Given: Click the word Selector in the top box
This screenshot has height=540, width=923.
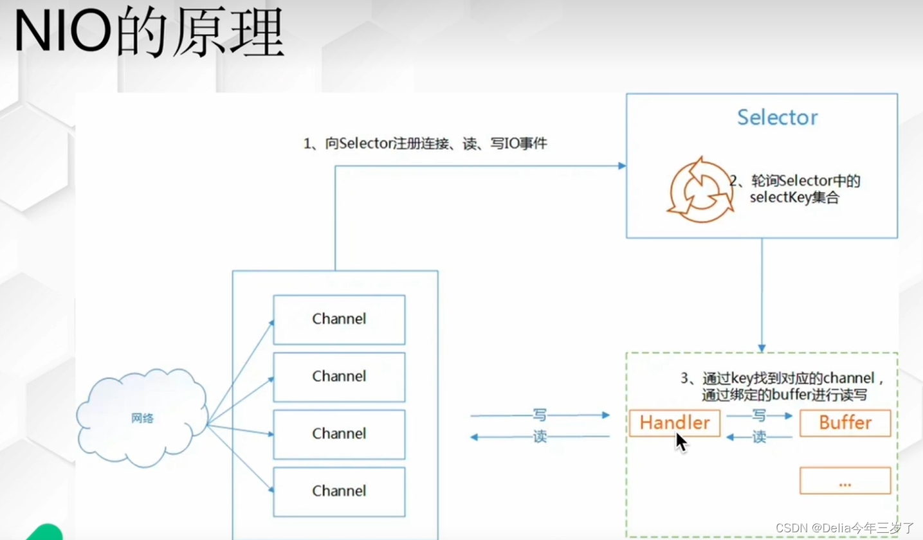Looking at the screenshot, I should pyautogui.click(x=777, y=117).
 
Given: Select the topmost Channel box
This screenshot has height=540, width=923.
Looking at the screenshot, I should pyautogui.click(x=339, y=319).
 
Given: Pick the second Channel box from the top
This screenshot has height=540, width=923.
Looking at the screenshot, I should pyautogui.click(x=339, y=377).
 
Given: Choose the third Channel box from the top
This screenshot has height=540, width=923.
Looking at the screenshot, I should pyautogui.click(x=339, y=434).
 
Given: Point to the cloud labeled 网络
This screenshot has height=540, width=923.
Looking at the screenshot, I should pyautogui.click(x=142, y=418).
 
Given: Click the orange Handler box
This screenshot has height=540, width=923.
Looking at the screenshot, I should pyautogui.click(x=674, y=423).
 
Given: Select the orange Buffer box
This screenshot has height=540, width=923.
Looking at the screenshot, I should pyautogui.click(x=845, y=423).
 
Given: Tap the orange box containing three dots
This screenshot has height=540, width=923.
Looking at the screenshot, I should pyautogui.click(x=845, y=480).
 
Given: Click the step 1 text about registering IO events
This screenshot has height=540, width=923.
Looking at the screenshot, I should pyautogui.click(x=425, y=144).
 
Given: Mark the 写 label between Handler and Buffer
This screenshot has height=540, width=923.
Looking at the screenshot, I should pyautogui.click(x=759, y=416).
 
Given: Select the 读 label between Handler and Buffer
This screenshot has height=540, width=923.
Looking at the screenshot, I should pyautogui.click(x=759, y=438).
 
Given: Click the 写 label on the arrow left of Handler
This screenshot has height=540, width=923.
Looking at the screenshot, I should pyautogui.click(x=539, y=415).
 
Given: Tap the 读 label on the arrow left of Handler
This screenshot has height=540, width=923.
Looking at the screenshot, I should pyautogui.click(x=539, y=437).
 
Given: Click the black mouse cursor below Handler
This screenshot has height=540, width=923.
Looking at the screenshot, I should pyautogui.click(x=681, y=443).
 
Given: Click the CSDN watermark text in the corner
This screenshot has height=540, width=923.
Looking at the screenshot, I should pyautogui.click(x=845, y=528).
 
